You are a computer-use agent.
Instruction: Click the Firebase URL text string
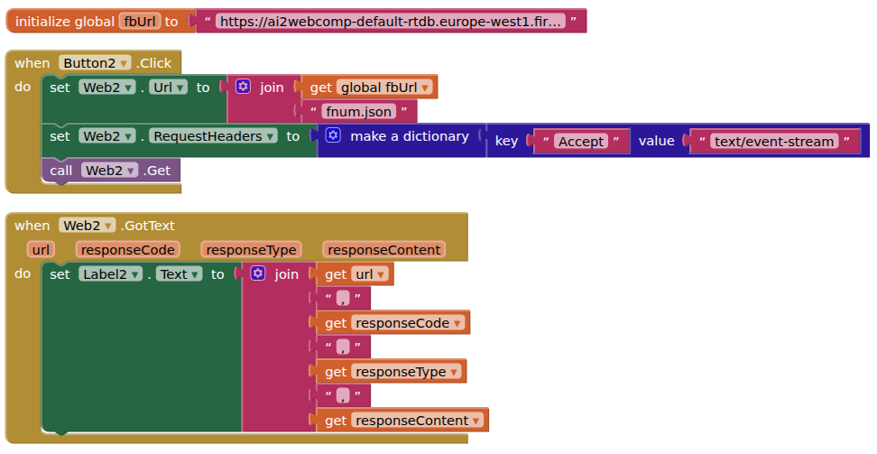391,21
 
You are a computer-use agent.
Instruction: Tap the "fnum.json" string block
358,112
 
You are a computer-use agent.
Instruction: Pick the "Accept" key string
581,142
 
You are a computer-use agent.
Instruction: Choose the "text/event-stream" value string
773,141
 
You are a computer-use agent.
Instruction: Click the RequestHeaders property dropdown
213,136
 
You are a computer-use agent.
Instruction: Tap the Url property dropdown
168,88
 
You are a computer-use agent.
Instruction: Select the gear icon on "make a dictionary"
333,135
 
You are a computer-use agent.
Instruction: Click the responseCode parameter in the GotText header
127,250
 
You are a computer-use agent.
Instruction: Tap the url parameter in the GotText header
41,250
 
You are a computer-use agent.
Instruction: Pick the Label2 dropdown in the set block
108,274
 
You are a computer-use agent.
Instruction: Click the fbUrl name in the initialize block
139,21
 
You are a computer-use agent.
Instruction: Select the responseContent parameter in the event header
384,250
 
